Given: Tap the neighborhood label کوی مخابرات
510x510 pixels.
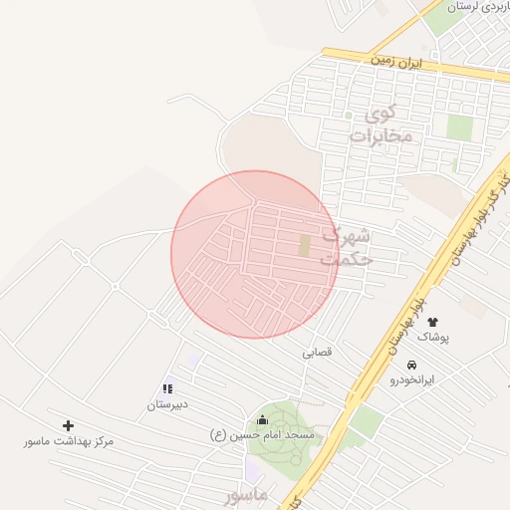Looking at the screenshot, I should coord(382,126).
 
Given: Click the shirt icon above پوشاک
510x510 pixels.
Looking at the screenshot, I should coord(432,321).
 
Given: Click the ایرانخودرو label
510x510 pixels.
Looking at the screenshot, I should coord(412,380).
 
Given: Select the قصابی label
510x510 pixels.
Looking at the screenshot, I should coord(318,352).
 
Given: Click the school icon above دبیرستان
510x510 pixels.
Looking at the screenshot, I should coord(167,388).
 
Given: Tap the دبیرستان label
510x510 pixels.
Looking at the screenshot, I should coord(167,404).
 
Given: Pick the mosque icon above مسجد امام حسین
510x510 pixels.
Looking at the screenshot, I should coord(263,419).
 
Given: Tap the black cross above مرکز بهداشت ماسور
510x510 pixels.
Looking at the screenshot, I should coord(68,425).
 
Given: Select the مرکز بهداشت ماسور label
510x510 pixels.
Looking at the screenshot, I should coord(70,440).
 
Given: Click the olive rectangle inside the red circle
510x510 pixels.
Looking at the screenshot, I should coord(305,245).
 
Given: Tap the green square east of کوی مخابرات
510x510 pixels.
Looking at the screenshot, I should coord(459,127).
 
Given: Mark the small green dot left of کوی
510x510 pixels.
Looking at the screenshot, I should coord(348,115).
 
